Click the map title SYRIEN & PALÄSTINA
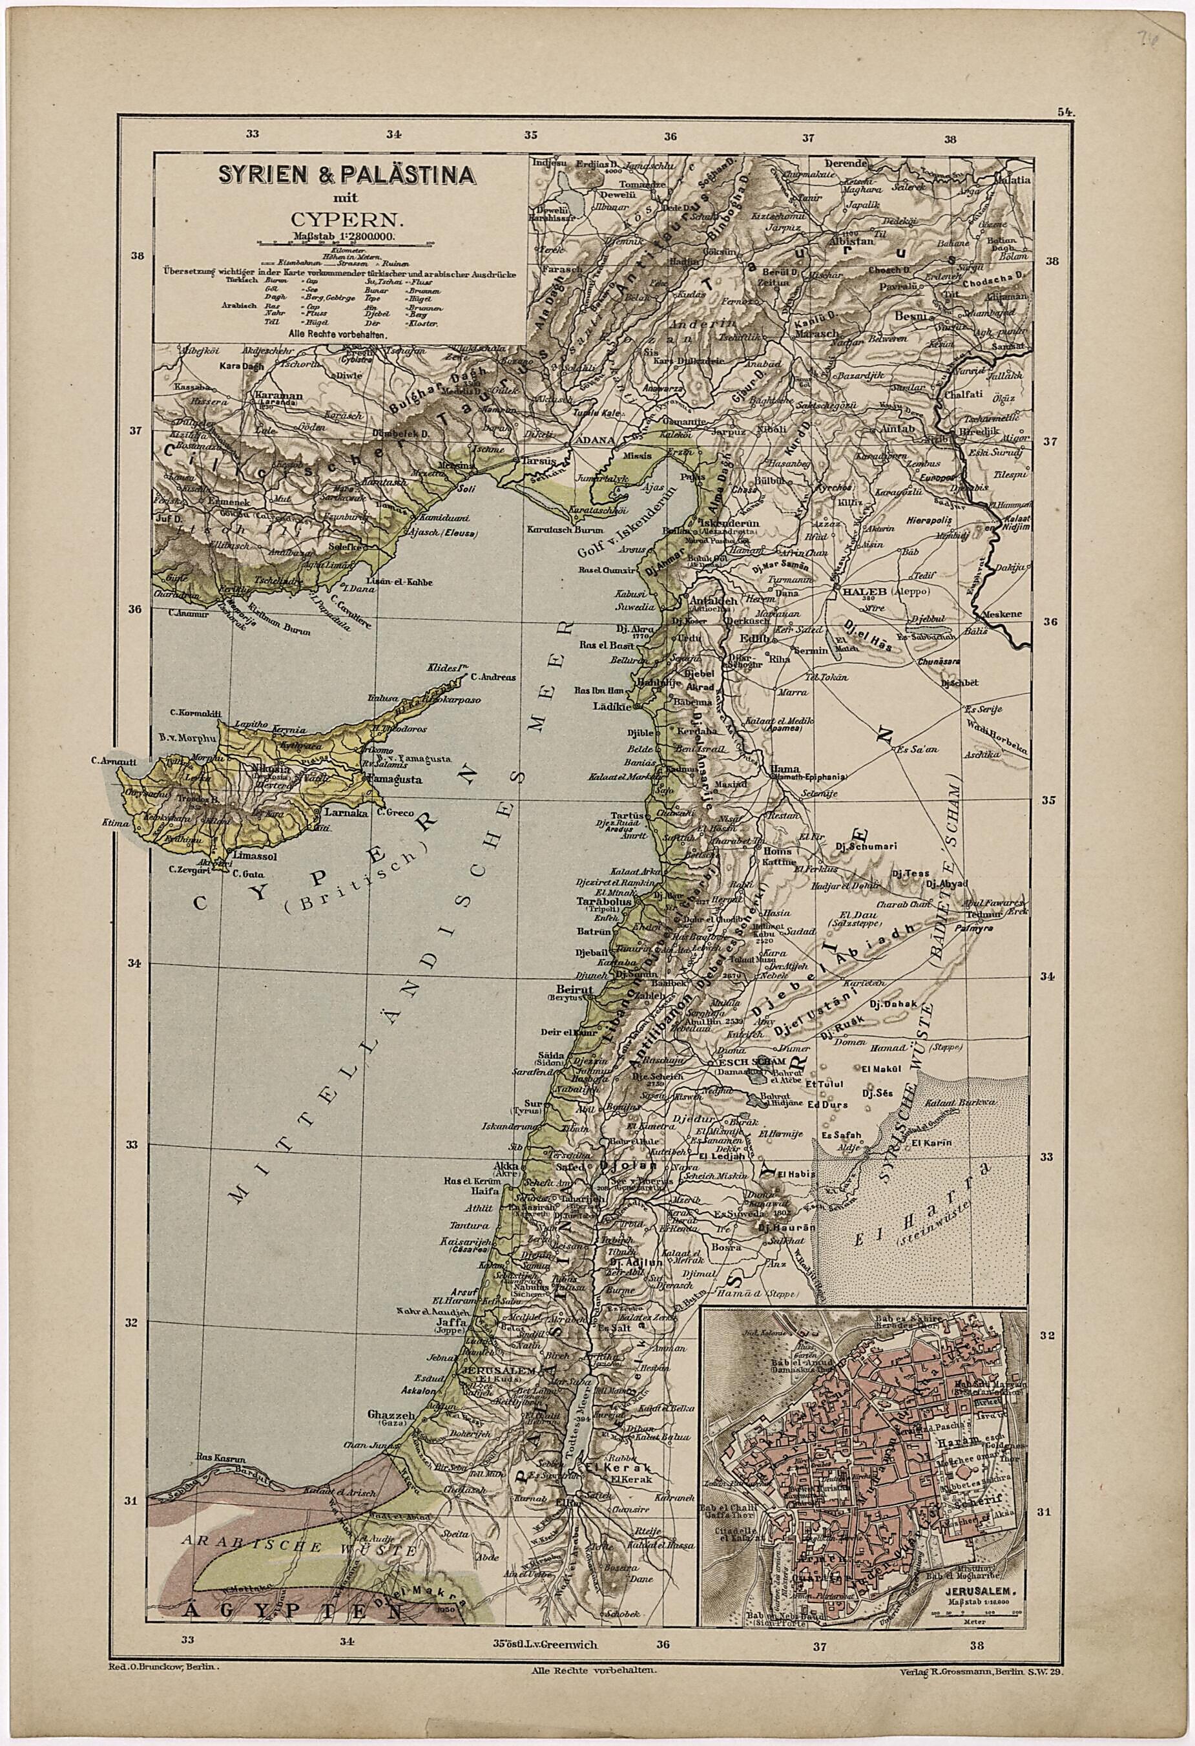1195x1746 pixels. (346, 174)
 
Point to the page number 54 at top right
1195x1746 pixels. (1065, 111)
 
